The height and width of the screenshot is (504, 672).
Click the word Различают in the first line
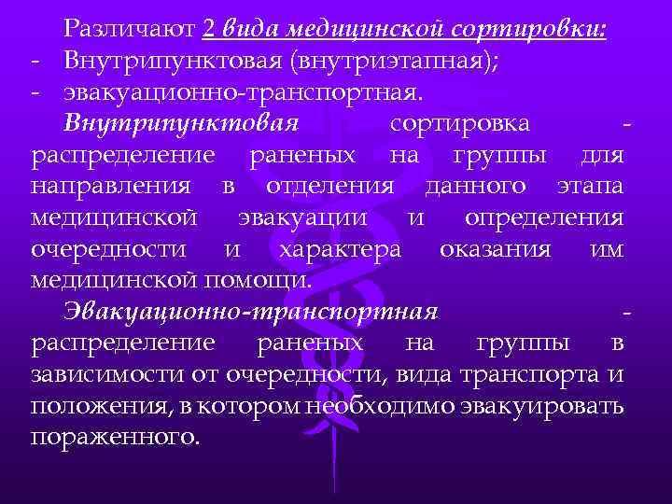[x=129, y=30]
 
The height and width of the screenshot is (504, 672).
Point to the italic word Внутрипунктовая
[x=181, y=124]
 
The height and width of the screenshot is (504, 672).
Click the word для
[x=601, y=155]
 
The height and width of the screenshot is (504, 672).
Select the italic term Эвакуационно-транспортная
[x=251, y=312]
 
